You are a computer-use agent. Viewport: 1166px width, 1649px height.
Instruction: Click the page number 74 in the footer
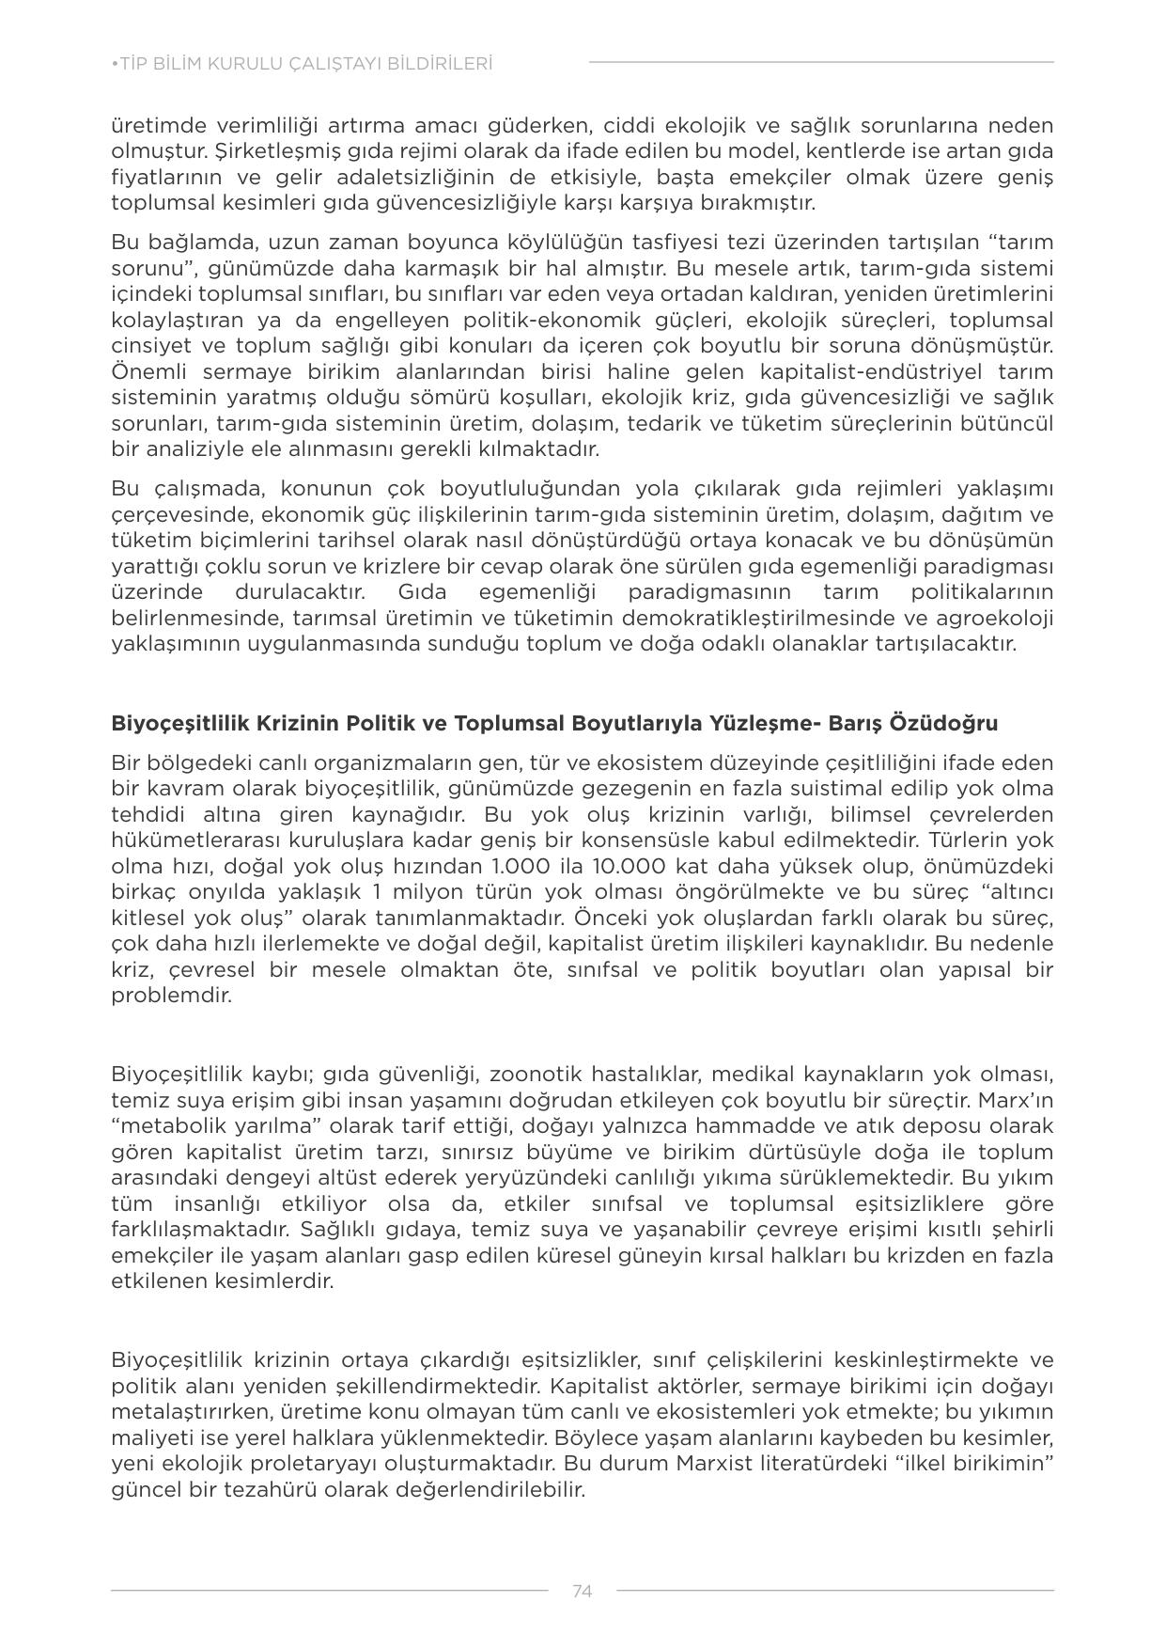[582, 1591]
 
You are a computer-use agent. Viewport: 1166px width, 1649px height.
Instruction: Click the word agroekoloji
[997, 618]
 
